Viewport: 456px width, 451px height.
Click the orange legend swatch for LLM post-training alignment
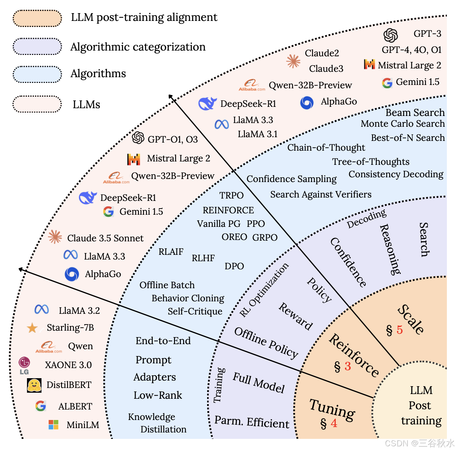(x=37, y=18)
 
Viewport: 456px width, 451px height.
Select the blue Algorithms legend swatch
(x=37, y=74)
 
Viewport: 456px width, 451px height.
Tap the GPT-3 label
(x=427, y=34)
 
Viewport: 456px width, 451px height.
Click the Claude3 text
(x=326, y=69)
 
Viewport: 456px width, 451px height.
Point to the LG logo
(x=24, y=365)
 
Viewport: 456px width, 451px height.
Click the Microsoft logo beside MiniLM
(x=53, y=425)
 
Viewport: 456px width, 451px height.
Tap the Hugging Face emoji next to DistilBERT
(x=34, y=385)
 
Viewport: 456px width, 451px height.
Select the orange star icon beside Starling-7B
(x=32, y=328)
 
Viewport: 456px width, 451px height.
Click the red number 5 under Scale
(x=400, y=330)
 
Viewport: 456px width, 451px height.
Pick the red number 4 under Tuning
(x=334, y=423)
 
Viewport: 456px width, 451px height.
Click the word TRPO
(x=231, y=196)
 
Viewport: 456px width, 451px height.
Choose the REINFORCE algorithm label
(x=228, y=210)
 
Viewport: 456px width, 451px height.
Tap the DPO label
(x=234, y=266)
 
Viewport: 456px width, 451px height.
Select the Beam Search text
(x=415, y=113)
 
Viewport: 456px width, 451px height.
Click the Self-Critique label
(x=195, y=311)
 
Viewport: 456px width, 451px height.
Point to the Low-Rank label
(x=158, y=395)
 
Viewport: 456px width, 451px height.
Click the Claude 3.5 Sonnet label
(x=105, y=238)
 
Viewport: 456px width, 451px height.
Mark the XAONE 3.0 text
(x=68, y=365)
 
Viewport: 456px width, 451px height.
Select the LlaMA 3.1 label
(x=258, y=134)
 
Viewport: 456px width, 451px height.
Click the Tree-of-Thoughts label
(x=371, y=162)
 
